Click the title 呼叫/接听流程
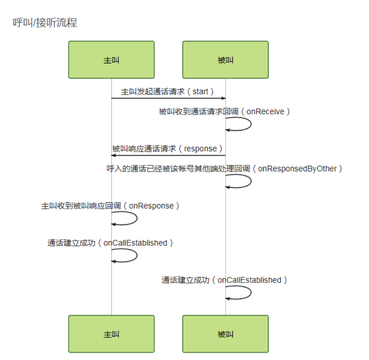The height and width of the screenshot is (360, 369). pos(45,23)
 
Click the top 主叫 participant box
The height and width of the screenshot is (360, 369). pos(111,60)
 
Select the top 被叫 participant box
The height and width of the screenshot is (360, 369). pos(225,60)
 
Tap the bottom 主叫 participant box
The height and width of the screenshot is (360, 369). pos(111,334)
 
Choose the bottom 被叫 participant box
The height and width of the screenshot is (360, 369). pos(225,334)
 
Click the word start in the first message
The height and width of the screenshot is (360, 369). pos(200,91)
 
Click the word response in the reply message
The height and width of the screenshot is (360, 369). pos(200,148)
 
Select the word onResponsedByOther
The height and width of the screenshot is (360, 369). pos(297,168)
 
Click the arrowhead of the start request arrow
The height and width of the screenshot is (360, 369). pos(223,98)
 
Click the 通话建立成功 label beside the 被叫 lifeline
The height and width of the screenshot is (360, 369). pos(185,280)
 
